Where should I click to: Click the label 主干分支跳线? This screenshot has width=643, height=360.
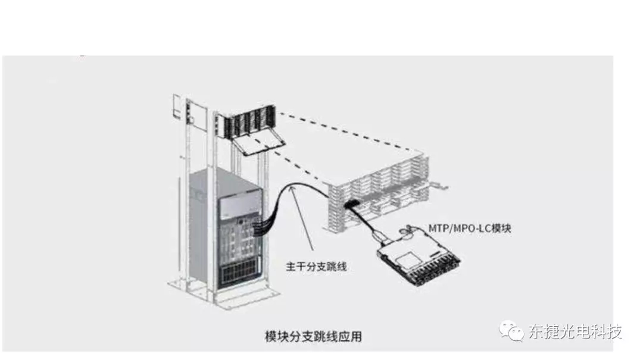click(x=316, y=267)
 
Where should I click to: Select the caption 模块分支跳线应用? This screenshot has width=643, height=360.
click(x=313, y=336)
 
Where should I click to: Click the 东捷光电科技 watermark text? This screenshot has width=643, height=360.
click(x=575, y=331)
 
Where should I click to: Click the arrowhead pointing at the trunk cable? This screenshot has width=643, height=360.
click(x=293, y=189)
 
